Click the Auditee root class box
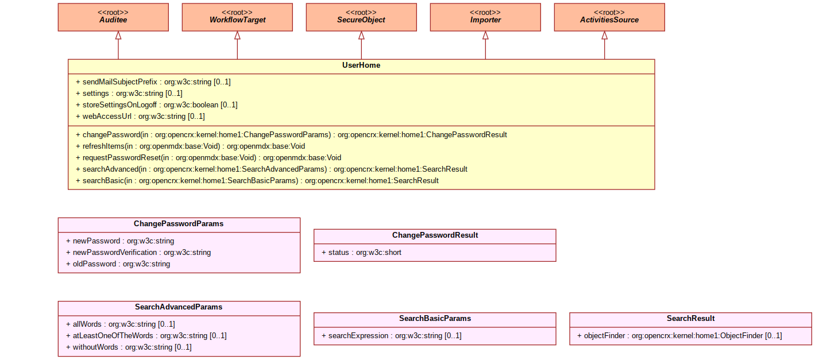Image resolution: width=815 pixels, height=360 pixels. [x=113, y=17]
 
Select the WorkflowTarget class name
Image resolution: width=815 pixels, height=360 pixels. [x=237, y=20]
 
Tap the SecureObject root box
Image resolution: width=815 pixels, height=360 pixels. [x=361, y=17]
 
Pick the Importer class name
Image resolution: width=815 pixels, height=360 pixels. [x=485, y=20]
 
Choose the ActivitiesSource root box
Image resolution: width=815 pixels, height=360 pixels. [x=609, y=17]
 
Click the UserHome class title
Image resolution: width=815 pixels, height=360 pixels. [x=361, y=65]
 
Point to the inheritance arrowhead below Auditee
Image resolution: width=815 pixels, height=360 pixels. [x=118, y=35]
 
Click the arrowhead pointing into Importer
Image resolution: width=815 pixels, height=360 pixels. [x=485, y=35]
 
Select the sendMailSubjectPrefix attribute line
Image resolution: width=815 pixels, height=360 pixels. [x=153, y=82]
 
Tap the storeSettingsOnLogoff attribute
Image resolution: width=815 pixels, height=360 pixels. [x=156, y=104]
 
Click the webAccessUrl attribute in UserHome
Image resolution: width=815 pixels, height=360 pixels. [x=140, y=117]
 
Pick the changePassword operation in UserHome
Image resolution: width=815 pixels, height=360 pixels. [x=291, y=134]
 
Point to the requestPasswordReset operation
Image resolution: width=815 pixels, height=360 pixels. [x=208, y=157]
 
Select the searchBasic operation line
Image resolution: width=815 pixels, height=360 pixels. [x=257, y=181]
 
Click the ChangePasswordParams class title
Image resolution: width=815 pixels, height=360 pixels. [x=179, y=224]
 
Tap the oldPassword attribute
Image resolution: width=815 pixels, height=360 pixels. [x=118, y=264]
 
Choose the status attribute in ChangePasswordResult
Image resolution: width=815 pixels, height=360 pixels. [x=361, y=253]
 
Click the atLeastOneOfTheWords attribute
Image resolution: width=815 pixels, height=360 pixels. [x=146, y=336]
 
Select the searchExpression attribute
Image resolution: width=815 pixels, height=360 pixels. [x=392, y=336]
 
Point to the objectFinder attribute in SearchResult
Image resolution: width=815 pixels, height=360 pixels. [x=679, y=336]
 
